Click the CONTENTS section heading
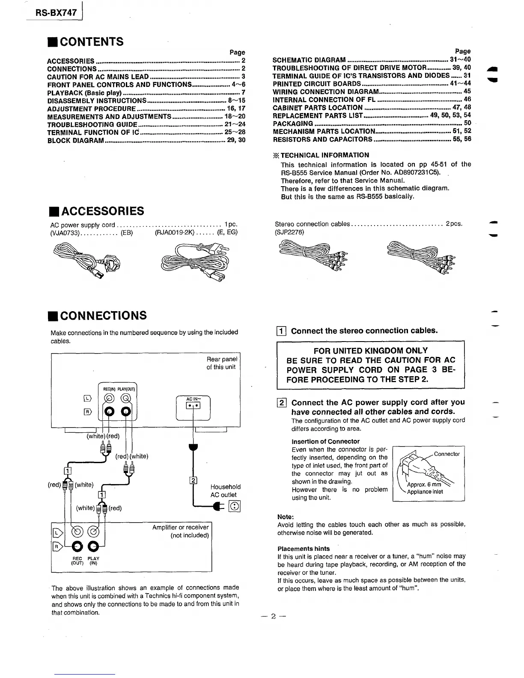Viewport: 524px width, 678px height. (91, 42)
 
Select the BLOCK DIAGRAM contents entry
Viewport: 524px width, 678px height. (75, 140)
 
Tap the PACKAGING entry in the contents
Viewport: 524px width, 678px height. (293, 123)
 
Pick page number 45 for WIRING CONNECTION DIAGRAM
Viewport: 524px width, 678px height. (467, 91)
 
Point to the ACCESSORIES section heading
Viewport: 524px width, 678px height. (102, 211)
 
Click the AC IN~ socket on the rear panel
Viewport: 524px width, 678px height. (194, 405)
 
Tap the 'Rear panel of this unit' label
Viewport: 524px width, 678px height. (221, 363)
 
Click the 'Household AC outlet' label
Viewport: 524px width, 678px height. (225, 491)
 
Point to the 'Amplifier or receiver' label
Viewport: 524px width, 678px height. (180, 527)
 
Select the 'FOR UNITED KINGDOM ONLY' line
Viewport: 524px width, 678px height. (371, 351)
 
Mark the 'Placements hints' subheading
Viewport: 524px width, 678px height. (304, 548)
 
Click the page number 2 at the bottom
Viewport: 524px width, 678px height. (272, 617)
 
